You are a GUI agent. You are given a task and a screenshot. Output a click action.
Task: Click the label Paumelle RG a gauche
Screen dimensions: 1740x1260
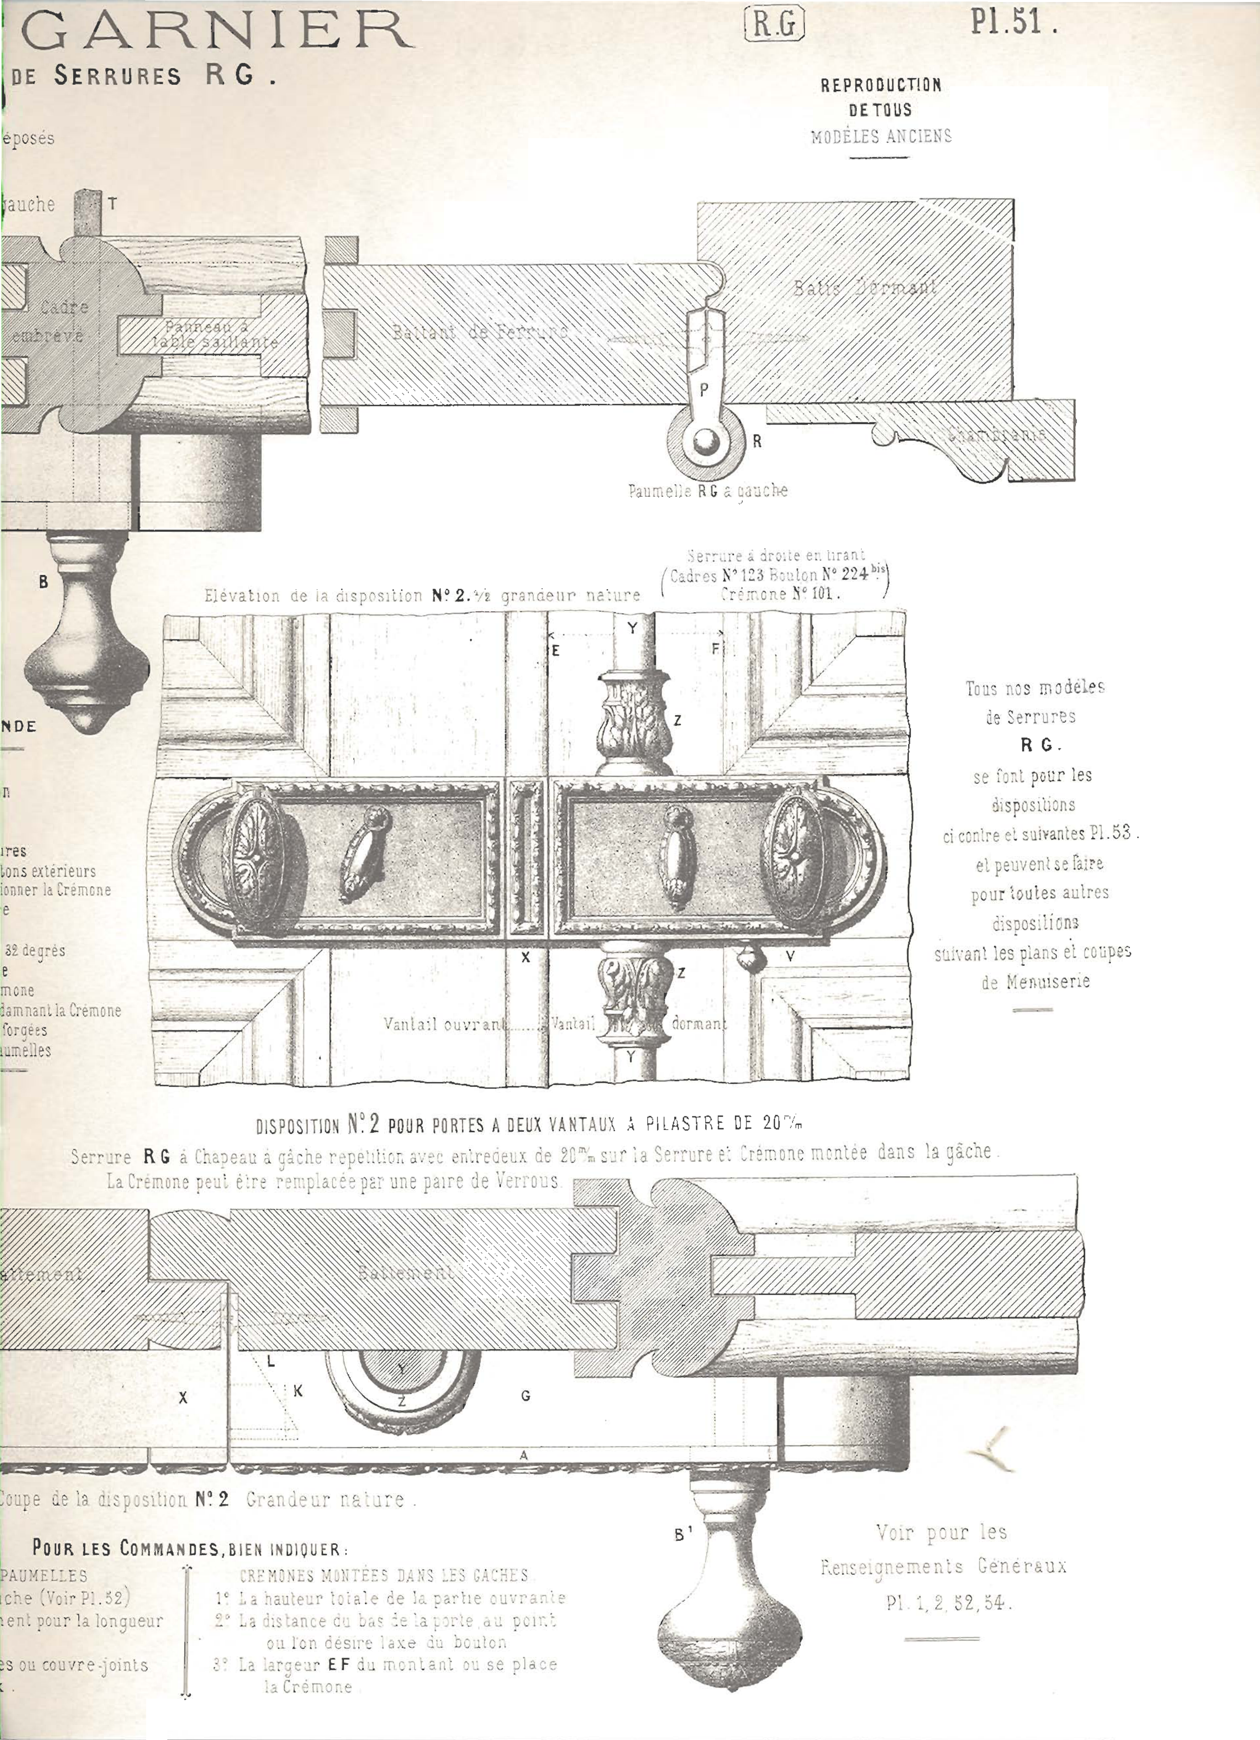point(707,490)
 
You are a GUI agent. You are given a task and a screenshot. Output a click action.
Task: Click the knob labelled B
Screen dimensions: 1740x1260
point(86,637)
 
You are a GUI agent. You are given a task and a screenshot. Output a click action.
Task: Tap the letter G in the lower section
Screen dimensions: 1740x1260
point(525,1396)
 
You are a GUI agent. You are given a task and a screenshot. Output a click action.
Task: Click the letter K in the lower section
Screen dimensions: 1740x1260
point(298,1390)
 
